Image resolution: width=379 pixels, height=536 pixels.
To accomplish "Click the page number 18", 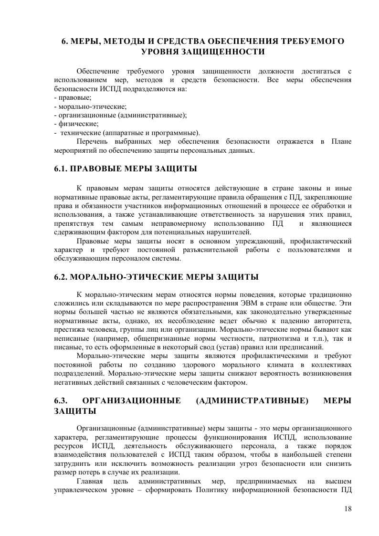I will tap(347, 508).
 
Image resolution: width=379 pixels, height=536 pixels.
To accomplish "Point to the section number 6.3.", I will tap(62, 400).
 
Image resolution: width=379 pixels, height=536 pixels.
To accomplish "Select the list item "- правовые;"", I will tap(70, 97).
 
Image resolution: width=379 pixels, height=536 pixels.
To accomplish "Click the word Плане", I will tap(341, 141).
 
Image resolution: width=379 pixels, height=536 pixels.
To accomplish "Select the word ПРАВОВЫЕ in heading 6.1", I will tap(99, 168).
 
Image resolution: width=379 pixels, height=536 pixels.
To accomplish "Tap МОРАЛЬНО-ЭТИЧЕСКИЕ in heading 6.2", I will tap(126, 276).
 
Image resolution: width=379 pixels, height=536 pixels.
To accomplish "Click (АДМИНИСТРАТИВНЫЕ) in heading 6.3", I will tap(252, 400).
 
